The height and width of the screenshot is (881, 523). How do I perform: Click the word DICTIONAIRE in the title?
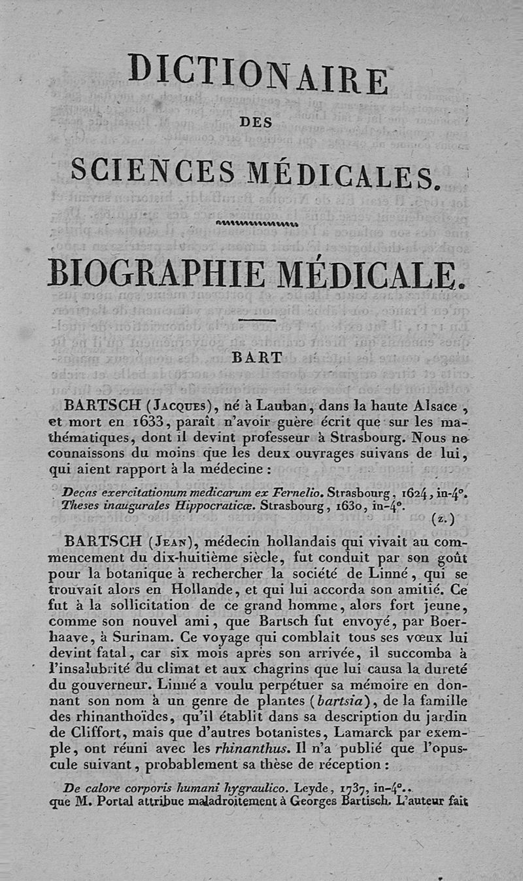(x=258, y=72)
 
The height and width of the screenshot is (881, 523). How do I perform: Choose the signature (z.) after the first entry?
(x=440, y=519)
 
